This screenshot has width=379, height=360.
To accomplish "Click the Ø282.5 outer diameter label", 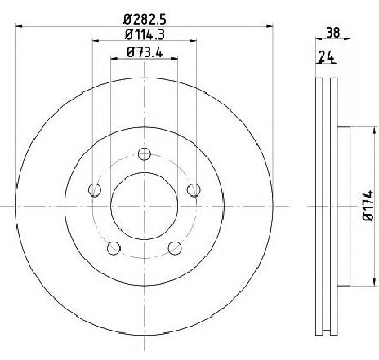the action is (x=145, y=20).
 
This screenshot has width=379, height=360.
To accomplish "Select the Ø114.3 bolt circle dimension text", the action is (x=145, y=34).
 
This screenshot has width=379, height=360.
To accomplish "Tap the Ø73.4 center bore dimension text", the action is (x=145, y=52).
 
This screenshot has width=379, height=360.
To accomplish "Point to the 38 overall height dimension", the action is (x=333, y=33).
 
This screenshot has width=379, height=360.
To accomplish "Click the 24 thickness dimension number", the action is (x=327, y=57).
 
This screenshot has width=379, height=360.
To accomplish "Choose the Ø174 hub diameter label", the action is (x=368, y=206).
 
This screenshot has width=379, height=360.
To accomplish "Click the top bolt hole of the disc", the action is (x=145, y=154).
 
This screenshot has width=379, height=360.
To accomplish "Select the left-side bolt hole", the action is (x=95, y=189).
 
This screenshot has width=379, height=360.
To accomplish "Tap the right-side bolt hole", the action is (x=194, y=189).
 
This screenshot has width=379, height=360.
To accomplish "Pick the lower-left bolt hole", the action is (x=114, y=248).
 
